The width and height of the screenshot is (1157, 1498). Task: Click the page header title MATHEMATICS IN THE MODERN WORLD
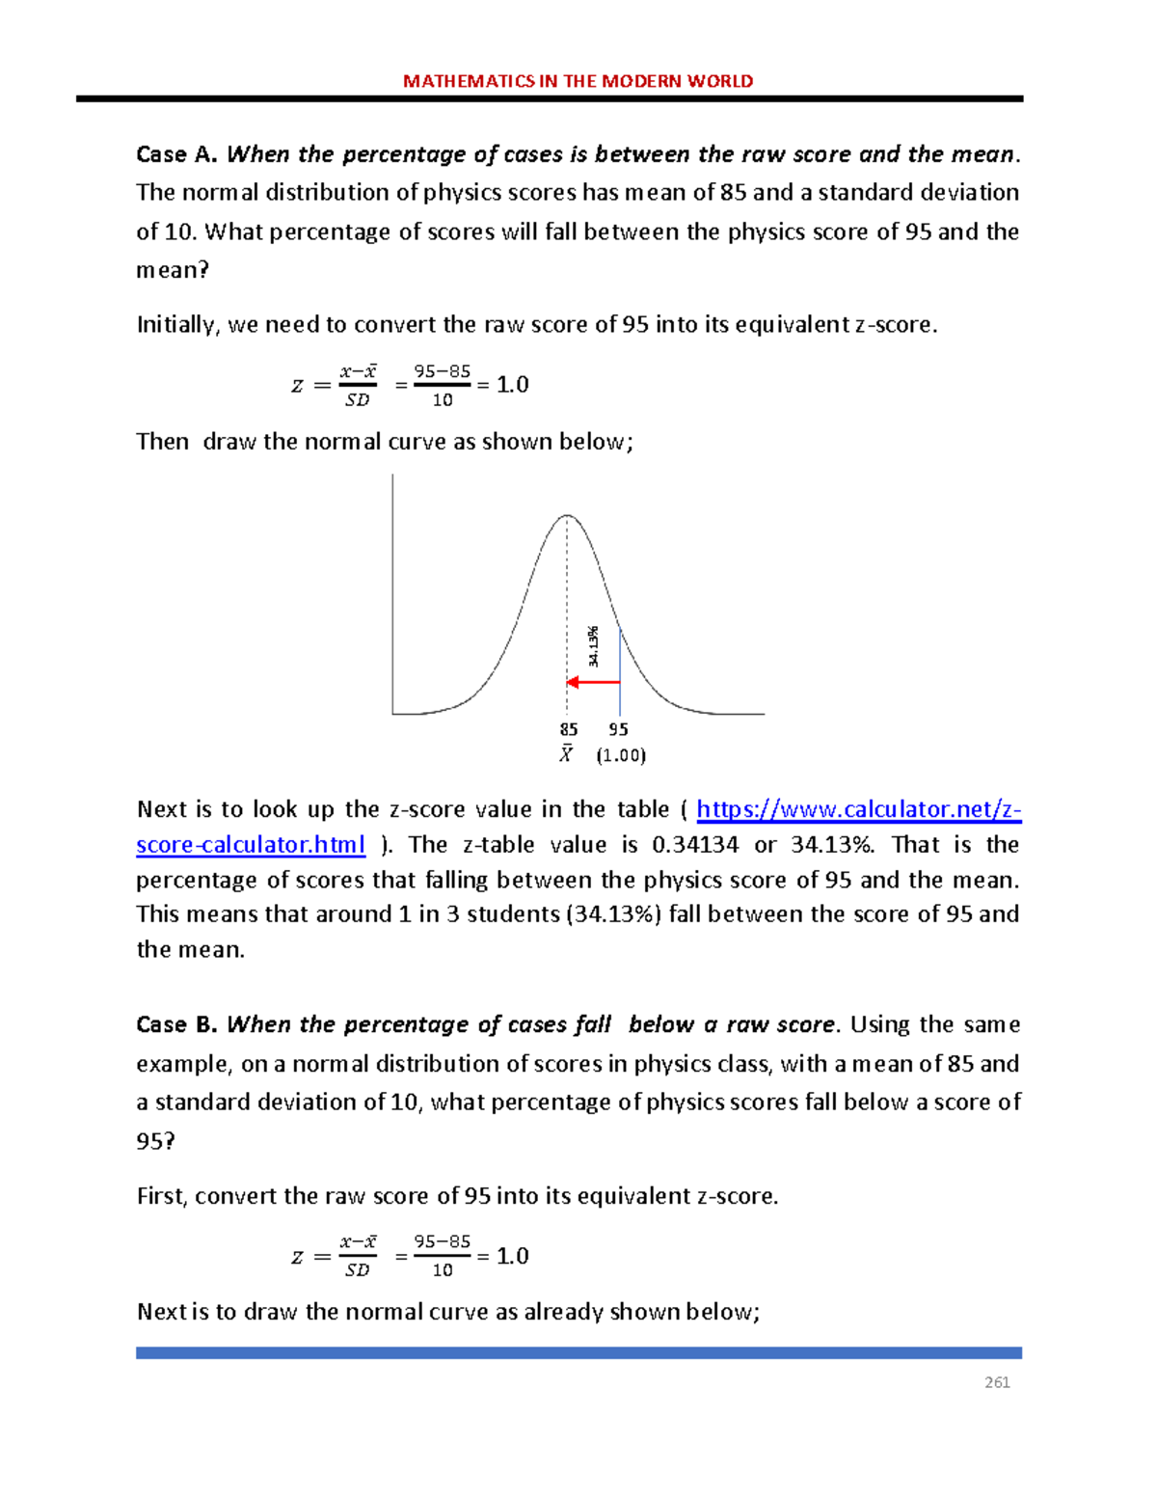(578, 81)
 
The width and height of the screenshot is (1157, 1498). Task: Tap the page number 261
(997, 1382)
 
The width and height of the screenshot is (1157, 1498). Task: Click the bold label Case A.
(177, 154)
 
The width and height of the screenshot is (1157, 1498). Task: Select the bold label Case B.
(177, 1024)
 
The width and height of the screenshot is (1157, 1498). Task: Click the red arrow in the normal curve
(593, 682)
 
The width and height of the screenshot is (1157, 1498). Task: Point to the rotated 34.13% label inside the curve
(594, 646)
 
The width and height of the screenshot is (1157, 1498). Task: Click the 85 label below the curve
(569, 730)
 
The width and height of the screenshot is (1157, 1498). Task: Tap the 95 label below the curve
(618, 730)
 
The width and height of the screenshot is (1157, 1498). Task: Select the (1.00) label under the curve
(620, 755)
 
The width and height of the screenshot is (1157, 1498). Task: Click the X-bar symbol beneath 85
(566, 754)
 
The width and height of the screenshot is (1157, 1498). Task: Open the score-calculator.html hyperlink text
(251, 845)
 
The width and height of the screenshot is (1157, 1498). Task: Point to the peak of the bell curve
(568, 516)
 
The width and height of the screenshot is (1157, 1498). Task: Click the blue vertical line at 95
(620, 675)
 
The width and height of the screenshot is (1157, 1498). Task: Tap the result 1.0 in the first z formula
(512, 385)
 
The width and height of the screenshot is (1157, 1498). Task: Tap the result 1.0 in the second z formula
(512, 1256)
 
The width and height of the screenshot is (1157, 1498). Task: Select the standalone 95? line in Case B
(156, 1141)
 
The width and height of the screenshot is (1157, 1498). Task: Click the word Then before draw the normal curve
(162, 442)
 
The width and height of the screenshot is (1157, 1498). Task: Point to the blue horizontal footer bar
(578, 1353)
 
